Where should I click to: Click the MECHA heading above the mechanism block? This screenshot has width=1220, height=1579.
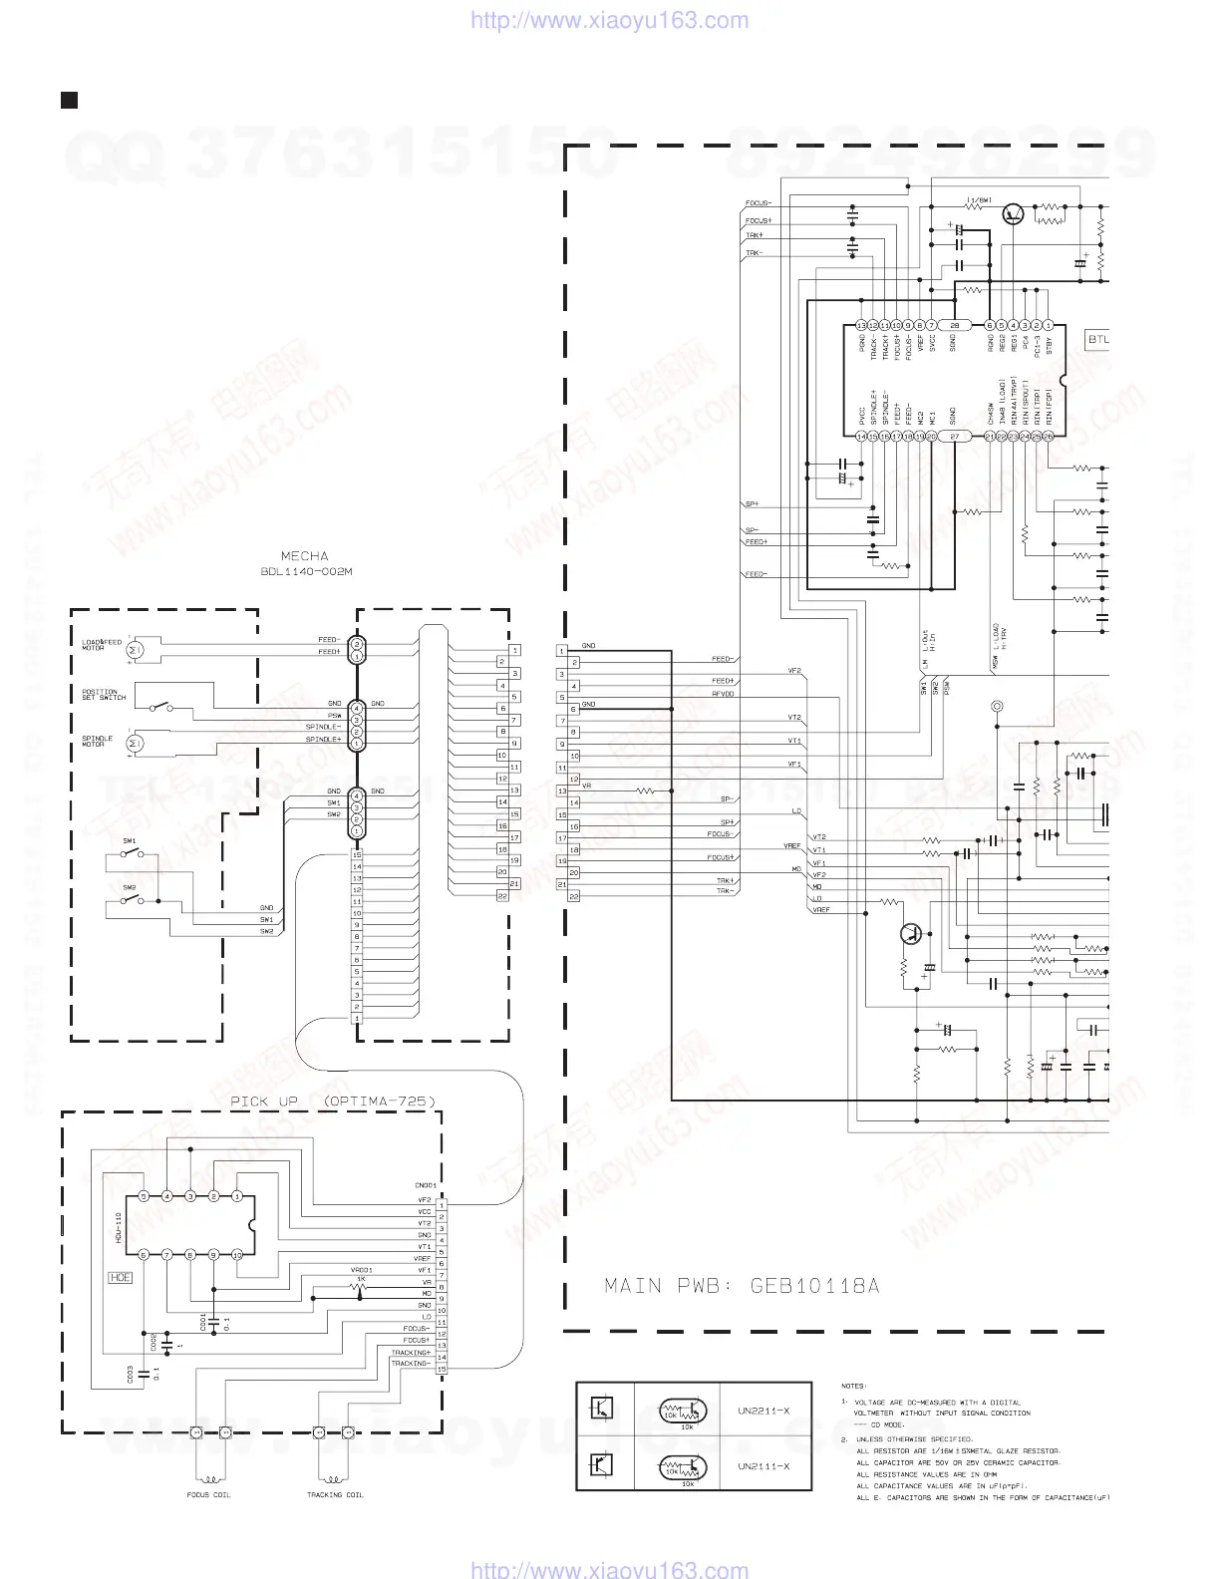[x=305, y=556]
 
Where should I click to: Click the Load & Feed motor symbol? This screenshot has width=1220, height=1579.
[x=139, y=649]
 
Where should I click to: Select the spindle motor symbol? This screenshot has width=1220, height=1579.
[x=139, y=742]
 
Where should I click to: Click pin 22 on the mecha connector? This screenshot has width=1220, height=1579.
[x=501, y=896]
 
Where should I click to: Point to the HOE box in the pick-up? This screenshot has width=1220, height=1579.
[x=119, y=1277]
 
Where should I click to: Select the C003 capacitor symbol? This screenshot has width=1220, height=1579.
[x=146, y=1374]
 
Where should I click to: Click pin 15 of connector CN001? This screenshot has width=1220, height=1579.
[x=442, y=1369]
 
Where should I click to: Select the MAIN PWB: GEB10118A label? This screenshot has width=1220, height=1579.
[x=742, y=1286]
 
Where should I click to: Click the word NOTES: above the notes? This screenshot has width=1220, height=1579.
[x=854, y=1386]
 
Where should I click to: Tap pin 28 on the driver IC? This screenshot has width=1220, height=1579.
[x=955, y=325]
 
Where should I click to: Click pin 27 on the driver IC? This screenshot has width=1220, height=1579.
[x=955, y=437]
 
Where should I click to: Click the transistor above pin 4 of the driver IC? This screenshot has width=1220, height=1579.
[x=1014, y=213]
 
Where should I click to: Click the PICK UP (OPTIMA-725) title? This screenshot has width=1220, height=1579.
[x=332, y=1102]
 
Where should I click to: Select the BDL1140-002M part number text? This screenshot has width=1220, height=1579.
[x=305, y=572]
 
